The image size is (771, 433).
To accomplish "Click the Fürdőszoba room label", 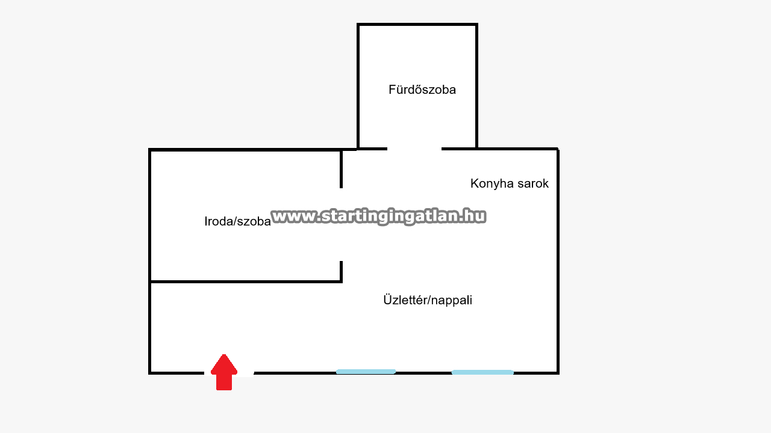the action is (422, 90).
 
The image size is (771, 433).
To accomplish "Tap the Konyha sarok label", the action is (510, 183).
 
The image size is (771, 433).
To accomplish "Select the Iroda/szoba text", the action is (237, 221).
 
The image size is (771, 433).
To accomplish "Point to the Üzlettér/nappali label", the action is (428, 300).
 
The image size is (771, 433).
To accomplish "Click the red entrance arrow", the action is (224, 372).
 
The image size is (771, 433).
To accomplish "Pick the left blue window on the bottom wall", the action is (366, 372).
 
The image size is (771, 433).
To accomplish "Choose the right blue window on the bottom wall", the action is (482, 372).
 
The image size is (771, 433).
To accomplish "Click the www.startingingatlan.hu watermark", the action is (379, 216).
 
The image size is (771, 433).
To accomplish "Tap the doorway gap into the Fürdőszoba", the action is (414, 149).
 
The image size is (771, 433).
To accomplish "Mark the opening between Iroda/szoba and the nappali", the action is (341, 225).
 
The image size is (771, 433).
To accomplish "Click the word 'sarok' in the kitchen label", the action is (533, 183).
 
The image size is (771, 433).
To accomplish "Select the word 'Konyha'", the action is (492, 183).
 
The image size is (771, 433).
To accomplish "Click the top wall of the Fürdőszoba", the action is (417, 25).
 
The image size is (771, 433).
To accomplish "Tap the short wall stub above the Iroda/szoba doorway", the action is (341, 169).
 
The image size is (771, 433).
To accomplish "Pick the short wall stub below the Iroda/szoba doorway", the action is (341, 271).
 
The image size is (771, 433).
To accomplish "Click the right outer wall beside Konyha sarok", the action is (558, 261).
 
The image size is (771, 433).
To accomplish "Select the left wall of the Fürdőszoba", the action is (358, 86).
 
